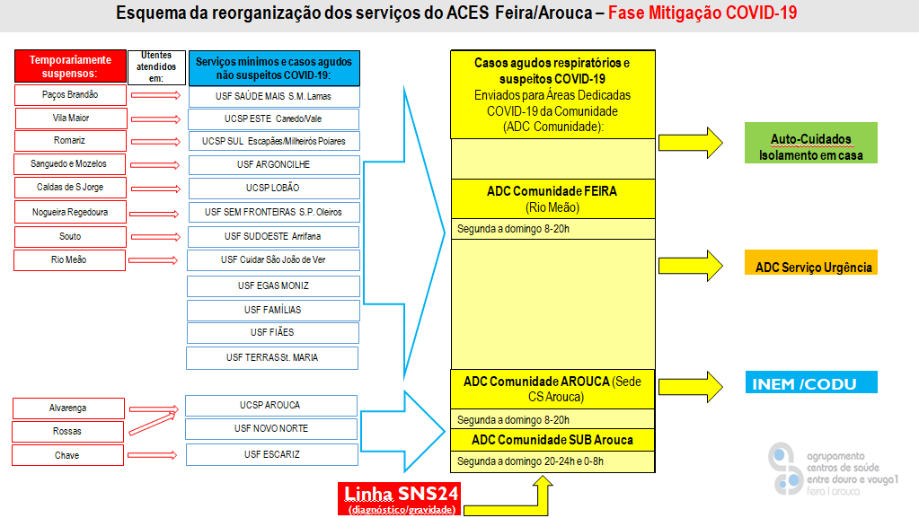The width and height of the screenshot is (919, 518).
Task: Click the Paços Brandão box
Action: coord(70,95)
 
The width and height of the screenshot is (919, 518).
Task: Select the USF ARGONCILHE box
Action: coord(274,165)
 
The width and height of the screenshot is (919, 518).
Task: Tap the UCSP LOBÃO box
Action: coord(273,189)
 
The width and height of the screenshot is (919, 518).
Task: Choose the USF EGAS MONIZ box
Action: coord(273,286)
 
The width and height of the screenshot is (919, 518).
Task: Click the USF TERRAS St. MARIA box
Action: coord(272,358)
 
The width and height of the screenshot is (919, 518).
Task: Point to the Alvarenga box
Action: coord(68,408)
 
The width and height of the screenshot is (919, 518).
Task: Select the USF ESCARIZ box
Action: coord(272,455)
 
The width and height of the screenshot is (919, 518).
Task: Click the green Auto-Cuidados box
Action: coord(810,146)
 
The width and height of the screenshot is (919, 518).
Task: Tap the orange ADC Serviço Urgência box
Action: coord(813,267)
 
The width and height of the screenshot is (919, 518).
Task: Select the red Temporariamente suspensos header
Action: coord(70,66)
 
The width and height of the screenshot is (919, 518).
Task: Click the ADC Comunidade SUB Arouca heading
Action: coord(552,440)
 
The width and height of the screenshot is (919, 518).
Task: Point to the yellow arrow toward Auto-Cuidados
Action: coord(692,142)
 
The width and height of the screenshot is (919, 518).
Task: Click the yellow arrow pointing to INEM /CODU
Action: coord(692,384)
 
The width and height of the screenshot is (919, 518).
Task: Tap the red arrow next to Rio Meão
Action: coord(155,260)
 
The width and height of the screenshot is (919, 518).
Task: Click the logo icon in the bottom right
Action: coord(785,467)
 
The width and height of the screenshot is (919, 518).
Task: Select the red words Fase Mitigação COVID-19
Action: coord(702,13)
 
